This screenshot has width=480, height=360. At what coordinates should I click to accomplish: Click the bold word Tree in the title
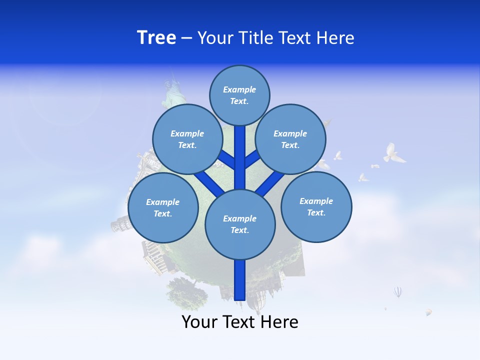156,38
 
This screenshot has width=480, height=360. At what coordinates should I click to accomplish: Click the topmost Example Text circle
239,95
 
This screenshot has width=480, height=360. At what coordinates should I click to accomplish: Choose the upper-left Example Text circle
187,139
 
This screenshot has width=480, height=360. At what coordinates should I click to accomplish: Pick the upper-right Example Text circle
290,139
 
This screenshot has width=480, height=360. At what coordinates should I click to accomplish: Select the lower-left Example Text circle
163,207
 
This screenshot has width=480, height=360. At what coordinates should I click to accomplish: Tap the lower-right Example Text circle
316,206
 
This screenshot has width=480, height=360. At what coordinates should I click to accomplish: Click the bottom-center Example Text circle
240,224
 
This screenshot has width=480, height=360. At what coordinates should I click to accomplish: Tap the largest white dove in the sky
393,153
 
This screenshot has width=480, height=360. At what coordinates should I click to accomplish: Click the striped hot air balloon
397,291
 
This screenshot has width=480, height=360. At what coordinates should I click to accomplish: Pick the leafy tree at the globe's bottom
187,292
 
